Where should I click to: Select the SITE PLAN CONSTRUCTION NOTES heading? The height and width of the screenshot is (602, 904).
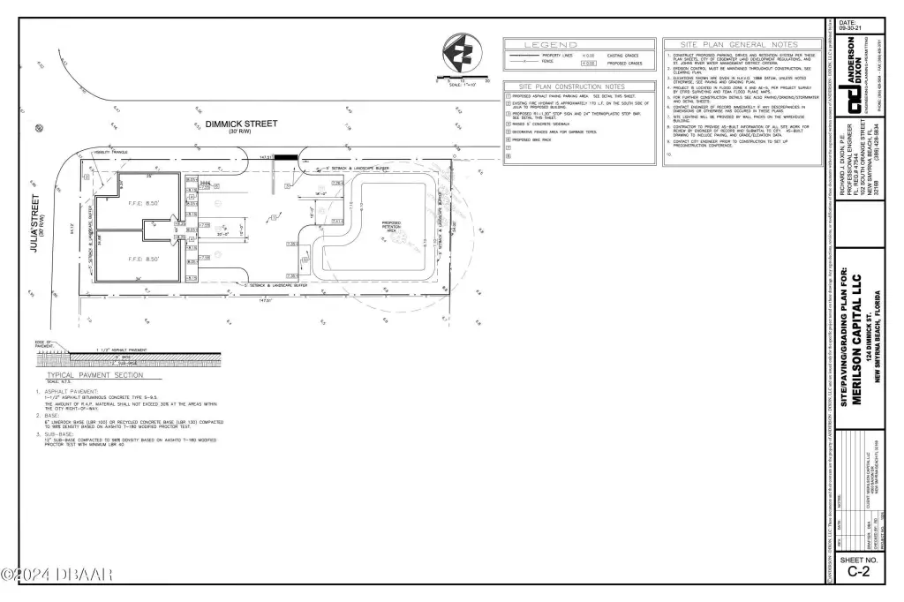tap(578, 87)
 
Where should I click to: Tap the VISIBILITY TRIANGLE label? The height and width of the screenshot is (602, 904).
tap(113, 152)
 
